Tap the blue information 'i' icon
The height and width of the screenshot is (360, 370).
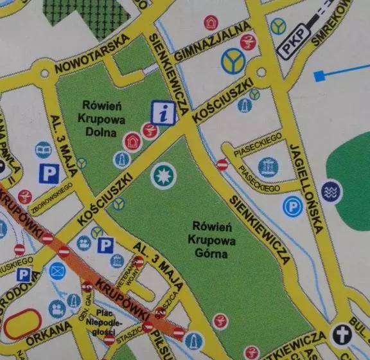pyautogui.click(x=164, y=113)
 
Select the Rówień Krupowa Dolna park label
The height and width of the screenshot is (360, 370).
pyautogui.click(x=98, y=118)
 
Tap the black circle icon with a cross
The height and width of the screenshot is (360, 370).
pyautogui.click(x=340, y=334)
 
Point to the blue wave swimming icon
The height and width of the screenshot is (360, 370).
pyautogui.click(x=332, y=192)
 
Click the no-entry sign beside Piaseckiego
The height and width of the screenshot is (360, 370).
pyautogui.click(x=222, y=165)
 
